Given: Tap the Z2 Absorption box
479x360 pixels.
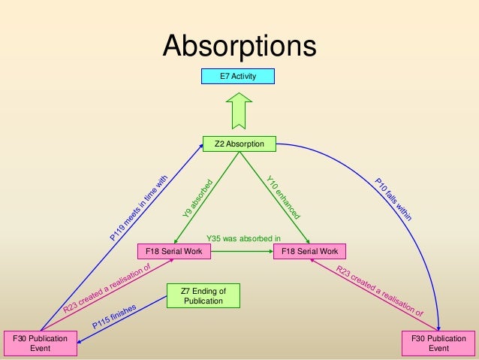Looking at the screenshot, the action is [239, 142].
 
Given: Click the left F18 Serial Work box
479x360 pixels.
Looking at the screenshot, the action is [173, 251].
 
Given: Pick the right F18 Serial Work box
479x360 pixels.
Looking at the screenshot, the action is [310, 251].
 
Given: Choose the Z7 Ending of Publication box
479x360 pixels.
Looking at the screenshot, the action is [203, 295].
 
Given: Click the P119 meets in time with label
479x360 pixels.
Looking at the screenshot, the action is [138, 206].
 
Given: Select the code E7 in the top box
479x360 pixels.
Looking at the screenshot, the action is [224, 76].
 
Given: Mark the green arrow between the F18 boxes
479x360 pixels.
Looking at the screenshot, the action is [243, 251].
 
